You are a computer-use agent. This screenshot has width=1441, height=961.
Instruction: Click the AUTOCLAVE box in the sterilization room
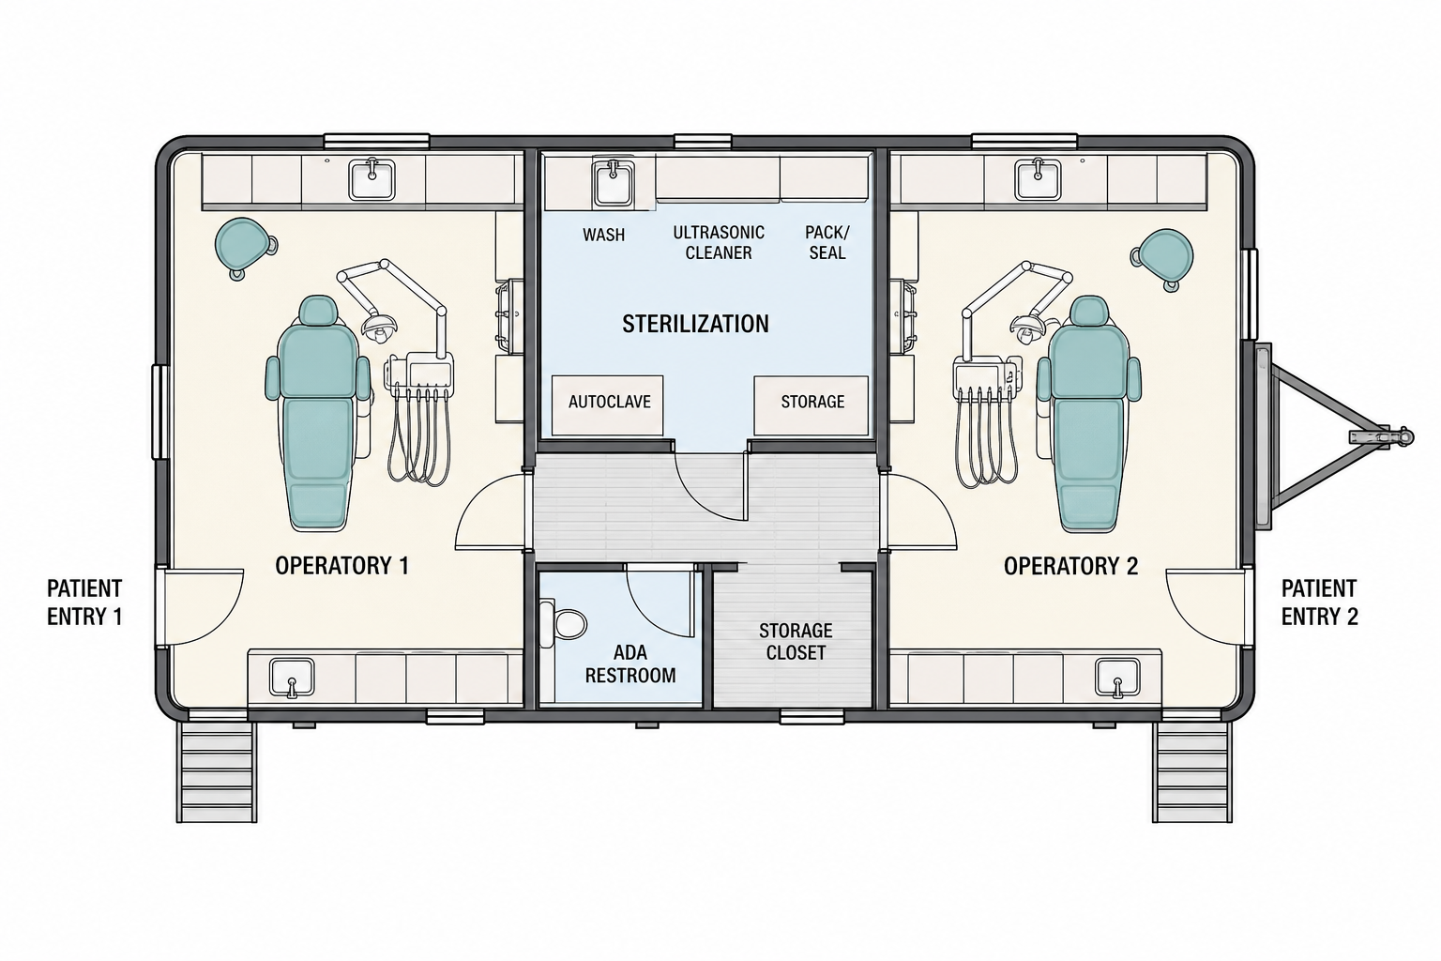coord(607,404)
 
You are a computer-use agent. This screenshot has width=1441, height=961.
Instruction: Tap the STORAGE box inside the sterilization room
coord(812,404)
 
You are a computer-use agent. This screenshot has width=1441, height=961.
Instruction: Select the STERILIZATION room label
coord(695,324)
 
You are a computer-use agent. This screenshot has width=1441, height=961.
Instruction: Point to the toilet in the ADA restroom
coord(564,623)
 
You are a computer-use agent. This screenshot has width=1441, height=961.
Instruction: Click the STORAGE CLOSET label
coord(796,641)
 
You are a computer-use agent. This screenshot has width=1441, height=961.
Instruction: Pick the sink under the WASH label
coord(613,183)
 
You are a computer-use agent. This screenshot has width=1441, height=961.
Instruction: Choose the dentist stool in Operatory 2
coord(1162,259)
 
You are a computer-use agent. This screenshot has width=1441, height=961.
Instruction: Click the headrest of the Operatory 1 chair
coord(318,311)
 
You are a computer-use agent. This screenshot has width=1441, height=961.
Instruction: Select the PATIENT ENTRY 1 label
coord(84,603)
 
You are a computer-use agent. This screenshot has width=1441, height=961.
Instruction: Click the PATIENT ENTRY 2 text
coord(1319,603)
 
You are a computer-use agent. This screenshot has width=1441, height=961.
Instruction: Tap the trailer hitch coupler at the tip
coord(1404,437)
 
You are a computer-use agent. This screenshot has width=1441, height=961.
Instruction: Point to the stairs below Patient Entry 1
coord(217,771)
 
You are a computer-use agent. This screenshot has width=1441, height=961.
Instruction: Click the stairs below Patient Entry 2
coord(1192,771)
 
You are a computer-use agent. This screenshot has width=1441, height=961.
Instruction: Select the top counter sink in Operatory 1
coord(372,179)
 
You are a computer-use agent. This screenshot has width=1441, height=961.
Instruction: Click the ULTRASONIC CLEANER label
coord(719,243)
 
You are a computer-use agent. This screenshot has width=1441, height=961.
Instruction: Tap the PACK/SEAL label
coord(827,243)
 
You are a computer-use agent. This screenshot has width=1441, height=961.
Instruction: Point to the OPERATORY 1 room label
coord(341,566)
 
